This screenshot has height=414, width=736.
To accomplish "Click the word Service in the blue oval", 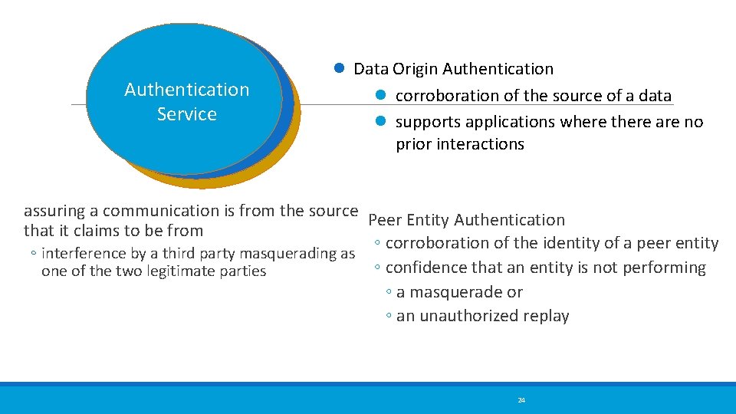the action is (x=187, y=114).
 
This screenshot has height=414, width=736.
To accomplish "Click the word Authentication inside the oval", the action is (x=187, y=90).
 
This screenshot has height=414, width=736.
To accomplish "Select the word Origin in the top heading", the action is (x=415, y=69).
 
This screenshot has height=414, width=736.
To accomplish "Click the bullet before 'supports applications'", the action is (x=379, y=121).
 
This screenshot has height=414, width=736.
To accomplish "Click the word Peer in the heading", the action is (x=385, y=220).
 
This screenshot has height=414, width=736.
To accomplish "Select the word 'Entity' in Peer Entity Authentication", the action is (x=429, y=220).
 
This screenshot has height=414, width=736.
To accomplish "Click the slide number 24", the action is (x=521, y=400).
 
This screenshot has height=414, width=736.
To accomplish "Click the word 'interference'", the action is (x=83, y=254).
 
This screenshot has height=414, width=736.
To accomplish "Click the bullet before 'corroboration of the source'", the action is (x=379, y=95).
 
